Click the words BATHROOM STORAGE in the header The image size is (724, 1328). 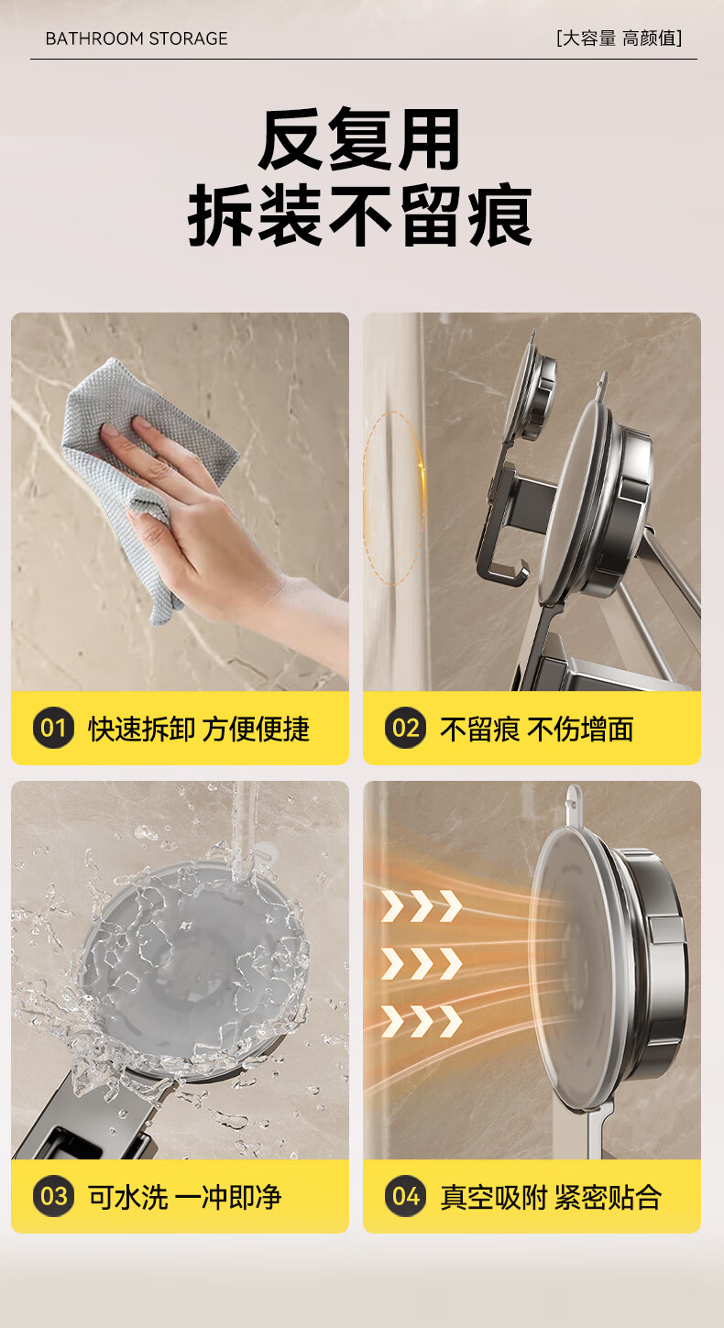pyautogui.click(x=137, y=38)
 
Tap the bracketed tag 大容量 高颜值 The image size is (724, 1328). pyautogui.click(x=619, y=38)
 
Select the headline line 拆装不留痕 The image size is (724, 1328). pyautogui.click(x=360, y=215)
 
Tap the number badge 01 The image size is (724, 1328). pyautogui.click(x=53, y=728)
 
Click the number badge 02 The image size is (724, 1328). pyautogui.click(x=406, y=728)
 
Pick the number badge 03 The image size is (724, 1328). pyautogui.click(x=53, y=1196)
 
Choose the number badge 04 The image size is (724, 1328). pyautogui.click(x=406, y=1196)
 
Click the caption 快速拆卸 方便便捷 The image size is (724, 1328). pyautogui.click(x=199, y=729)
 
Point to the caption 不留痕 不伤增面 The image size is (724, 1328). pyautogui.click(x=537, y=729)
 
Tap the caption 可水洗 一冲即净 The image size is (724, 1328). pyautogui.click(x=184, y=1197)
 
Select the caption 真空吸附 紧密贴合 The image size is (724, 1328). pyautogui.click(x=550, y=1197)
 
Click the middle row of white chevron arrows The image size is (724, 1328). pyautogui.click(x=422, y=963)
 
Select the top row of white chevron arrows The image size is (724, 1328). pyautogui.click(x=422, y=905)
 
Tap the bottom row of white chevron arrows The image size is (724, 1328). pyautogui.click(x=422, y=1021)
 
